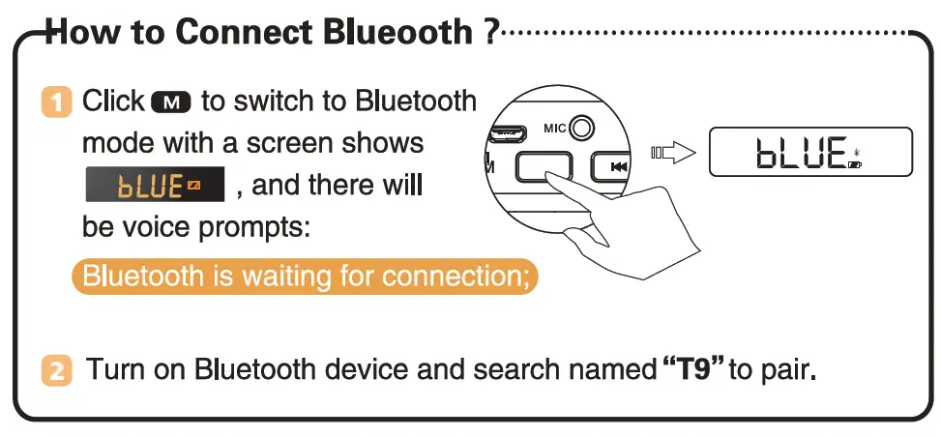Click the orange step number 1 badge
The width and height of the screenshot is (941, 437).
pyautogui.click(x=56, y=102)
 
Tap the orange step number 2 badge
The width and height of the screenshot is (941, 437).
pyautogui.click(x=56, y=370)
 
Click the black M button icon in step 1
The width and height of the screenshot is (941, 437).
pyautogui.click(x=171, y=102)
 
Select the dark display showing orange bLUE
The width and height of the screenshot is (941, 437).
pyautogui.click(x=155, y=185)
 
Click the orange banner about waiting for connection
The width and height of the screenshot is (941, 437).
pyautogui.click(x=305, y=277)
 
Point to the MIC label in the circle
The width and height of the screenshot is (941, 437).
pyautogui.click(x=554, y=128)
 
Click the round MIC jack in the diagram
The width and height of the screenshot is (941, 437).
pyautogui.click(x=581, y=128)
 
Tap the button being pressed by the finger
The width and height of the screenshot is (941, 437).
pyautogui.click(x=544, y=165)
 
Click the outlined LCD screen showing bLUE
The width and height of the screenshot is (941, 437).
pyautogui.click(x=810, y=152)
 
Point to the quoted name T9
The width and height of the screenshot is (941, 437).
pyautogui.click(x=693, y=368)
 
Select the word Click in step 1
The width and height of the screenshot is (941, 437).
pyautogui.click(x=113, y=101)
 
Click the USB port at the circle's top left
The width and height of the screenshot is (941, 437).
pyautogui.click(x=508, y=132)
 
